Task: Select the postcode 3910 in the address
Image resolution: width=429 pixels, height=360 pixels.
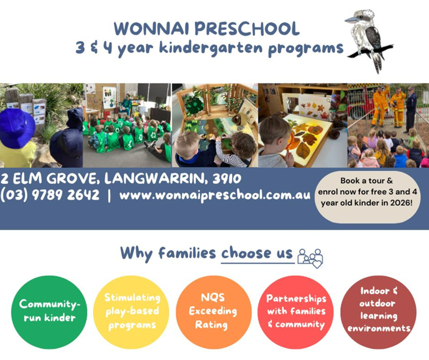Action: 227,179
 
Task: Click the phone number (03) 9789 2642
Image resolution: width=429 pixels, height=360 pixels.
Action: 50,195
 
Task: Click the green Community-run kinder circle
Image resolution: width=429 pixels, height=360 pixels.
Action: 49,312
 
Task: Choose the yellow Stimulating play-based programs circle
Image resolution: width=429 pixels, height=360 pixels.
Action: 131,312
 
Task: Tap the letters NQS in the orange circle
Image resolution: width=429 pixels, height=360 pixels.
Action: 213,298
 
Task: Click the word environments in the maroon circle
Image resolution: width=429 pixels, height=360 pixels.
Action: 379,328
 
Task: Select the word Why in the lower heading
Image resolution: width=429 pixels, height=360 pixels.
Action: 137,253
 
